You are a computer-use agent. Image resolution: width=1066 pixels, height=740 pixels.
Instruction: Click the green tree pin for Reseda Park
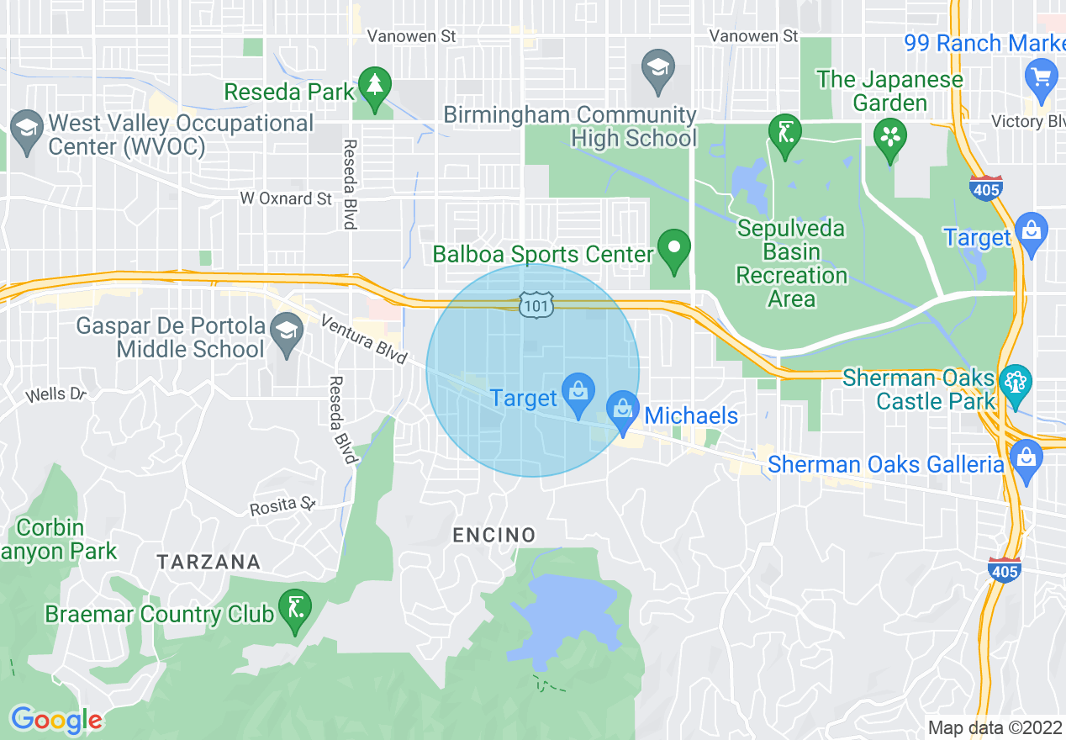(x=374, y=86)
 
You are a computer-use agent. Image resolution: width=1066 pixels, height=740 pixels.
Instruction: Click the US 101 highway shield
(x=535, y=304)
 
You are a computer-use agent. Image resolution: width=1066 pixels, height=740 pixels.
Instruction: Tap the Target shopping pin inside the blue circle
(x=578, y=393)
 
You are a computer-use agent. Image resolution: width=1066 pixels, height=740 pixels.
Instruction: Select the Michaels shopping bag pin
(x=623, y=410)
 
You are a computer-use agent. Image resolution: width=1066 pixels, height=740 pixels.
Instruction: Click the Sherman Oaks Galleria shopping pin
(x=1026, y=459)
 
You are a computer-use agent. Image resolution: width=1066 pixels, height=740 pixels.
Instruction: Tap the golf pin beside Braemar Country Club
(x=295, y=608)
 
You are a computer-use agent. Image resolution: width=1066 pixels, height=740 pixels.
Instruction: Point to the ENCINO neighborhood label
(x=493, y=535)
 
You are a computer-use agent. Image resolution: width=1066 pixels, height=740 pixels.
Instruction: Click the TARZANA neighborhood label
(x=208, y=562)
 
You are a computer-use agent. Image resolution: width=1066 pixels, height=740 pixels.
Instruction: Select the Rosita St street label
(x=282, y=506)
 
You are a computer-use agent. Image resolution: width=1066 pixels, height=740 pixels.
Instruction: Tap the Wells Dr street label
(x=55, y=394)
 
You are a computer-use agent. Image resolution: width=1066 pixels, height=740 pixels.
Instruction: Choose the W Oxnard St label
(x=286, y=198)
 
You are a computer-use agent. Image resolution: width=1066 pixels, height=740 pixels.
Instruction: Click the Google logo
(x=56, y=720)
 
